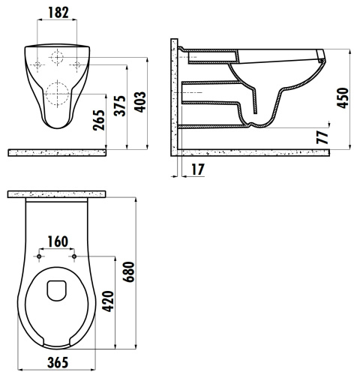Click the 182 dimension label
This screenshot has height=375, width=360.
(58, 13)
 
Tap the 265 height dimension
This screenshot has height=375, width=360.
(99, 120)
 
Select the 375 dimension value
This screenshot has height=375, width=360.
(120, 106)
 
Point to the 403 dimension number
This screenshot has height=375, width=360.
(140, 102)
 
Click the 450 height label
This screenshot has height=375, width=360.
(343, 97)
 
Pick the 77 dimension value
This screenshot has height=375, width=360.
(322, 137)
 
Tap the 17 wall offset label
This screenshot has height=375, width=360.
(198, 169)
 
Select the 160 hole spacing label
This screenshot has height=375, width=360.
(58, 241)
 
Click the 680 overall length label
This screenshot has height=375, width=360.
(129, 272)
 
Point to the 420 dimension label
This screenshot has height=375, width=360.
(109, 301)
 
